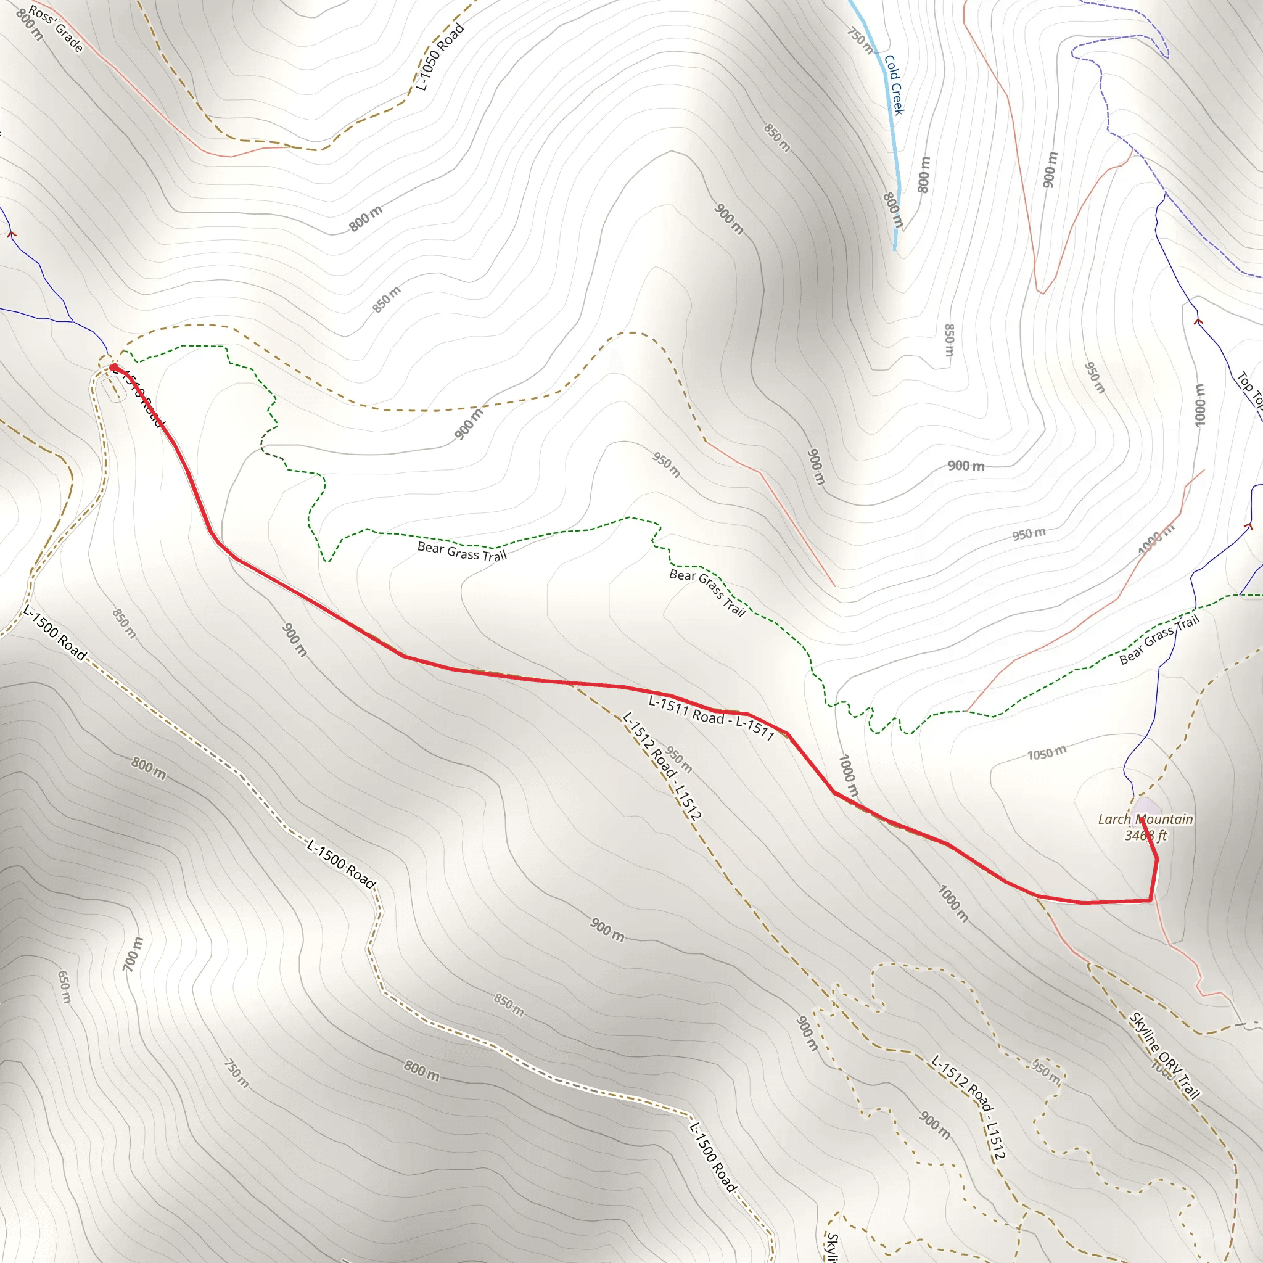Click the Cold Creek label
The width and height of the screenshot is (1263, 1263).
click(894, 85)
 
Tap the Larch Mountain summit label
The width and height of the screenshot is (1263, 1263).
click(1145, 819)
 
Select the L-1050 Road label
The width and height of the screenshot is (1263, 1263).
click(440, 57)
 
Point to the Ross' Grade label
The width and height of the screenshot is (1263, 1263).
click(56, 30)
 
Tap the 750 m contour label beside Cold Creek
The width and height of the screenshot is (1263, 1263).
click(860, 40)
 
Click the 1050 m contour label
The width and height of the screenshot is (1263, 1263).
click(1047, 753)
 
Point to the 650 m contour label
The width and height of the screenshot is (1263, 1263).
click(64, 987)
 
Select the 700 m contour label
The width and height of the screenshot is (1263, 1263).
click(133, 954)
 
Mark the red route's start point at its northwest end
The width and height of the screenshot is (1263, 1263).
click(113, 368)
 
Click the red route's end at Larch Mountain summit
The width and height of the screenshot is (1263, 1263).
click(1142, 818)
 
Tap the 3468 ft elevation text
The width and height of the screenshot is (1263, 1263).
click(1145, 836)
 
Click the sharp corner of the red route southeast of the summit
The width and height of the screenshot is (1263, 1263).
click(1150, 900)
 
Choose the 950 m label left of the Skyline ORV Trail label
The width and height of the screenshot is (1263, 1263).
click(1045, 1070)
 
